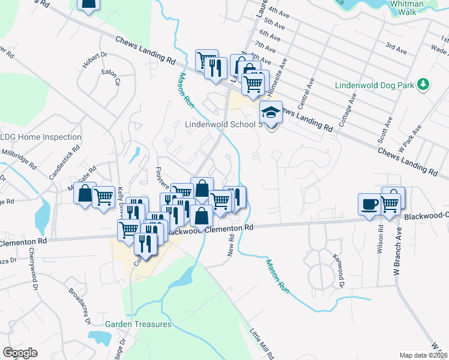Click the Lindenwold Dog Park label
(375, 85)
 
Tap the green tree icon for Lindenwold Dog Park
(424, 84)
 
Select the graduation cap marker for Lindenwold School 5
(271, 112)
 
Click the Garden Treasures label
(138, 324)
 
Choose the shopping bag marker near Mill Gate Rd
(85, 193)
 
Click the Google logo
(20, 353)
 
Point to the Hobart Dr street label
(95, 63)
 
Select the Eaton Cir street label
(111, 77)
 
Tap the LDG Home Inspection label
(41, 137)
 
